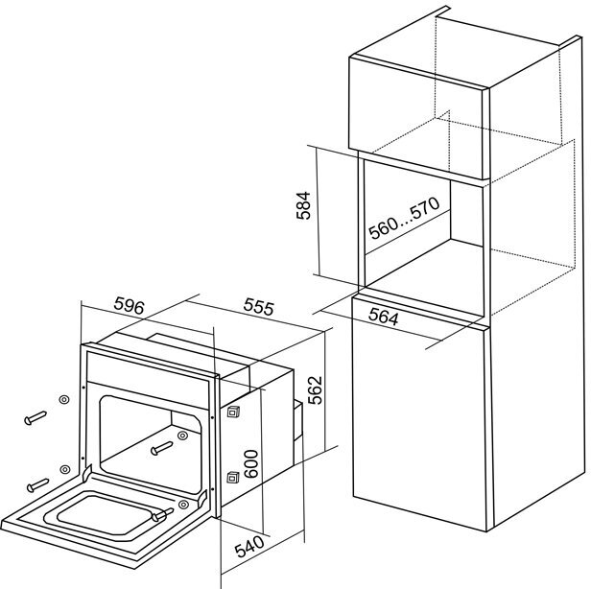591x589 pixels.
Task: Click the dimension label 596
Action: click(x=128, y=307)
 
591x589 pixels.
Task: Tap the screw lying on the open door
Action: click(x=161, y=515)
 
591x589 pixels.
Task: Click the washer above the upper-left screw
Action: click(x=63, y=399)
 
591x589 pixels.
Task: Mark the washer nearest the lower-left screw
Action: click(x=63, y=468)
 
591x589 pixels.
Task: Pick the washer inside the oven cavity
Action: click(x=182, y=435)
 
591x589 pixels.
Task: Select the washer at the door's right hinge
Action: click(x=181, y=505)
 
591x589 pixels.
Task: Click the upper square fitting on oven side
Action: click(x=231, y=412)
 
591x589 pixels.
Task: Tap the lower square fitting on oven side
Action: click(x=231, y=476)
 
